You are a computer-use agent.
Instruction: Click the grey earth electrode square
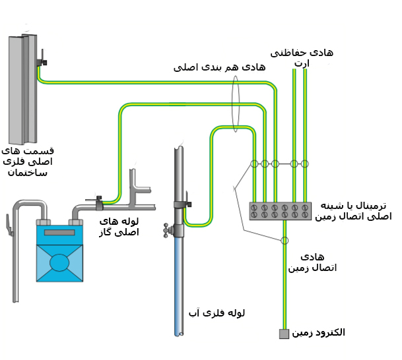(284, 334)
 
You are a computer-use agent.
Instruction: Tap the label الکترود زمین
(318, 332)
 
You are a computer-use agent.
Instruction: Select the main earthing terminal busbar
(280, 211)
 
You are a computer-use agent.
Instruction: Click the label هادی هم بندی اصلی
(219, 67)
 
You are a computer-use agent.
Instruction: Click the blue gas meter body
(59, 254)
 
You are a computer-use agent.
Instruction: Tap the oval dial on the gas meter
(59, 262)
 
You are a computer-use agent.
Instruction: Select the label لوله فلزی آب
(217, 313)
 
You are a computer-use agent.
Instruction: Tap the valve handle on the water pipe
(167, 230)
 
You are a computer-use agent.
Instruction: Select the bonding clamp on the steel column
(42, 62)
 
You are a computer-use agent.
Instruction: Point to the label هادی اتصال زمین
(312, 262)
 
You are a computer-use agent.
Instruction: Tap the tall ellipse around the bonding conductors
(236, 104)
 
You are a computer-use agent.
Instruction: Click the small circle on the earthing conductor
(285, 241)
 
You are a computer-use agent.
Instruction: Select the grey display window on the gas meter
(59, 232)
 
